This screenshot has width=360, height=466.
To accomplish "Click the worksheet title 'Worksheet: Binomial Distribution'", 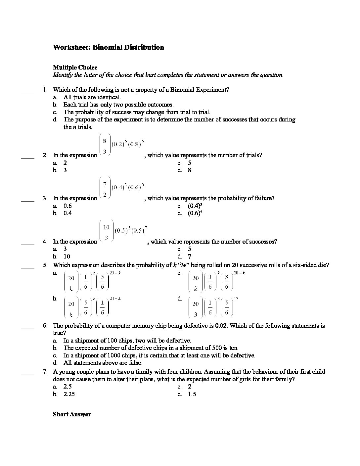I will point(108,47).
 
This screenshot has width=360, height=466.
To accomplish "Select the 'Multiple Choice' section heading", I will point(75,68).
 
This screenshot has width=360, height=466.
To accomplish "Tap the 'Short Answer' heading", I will point(72,414).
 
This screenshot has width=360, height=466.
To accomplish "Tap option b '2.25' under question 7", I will point(69,394).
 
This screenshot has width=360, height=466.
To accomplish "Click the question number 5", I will point(45,265).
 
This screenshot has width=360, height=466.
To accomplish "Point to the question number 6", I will point(45,326).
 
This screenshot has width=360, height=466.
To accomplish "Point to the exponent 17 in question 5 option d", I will point(236,299).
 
